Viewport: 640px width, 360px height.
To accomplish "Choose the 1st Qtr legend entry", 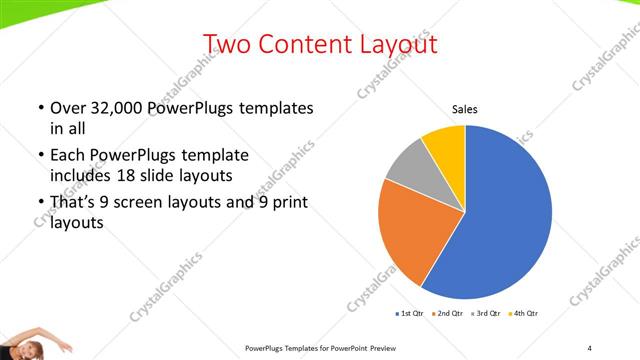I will point(411,314).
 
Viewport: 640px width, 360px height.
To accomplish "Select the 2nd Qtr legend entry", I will point(448,314).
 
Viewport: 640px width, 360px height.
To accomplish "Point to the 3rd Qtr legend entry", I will point(486,314).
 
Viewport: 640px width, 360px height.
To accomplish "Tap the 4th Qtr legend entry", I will point(523,314).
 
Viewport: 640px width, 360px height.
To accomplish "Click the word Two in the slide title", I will point(226,44).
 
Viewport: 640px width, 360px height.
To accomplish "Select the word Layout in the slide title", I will point(394,44).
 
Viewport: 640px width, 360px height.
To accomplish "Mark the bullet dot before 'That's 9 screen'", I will point(39,204).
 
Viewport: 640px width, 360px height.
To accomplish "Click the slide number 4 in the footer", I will point(590,347).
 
